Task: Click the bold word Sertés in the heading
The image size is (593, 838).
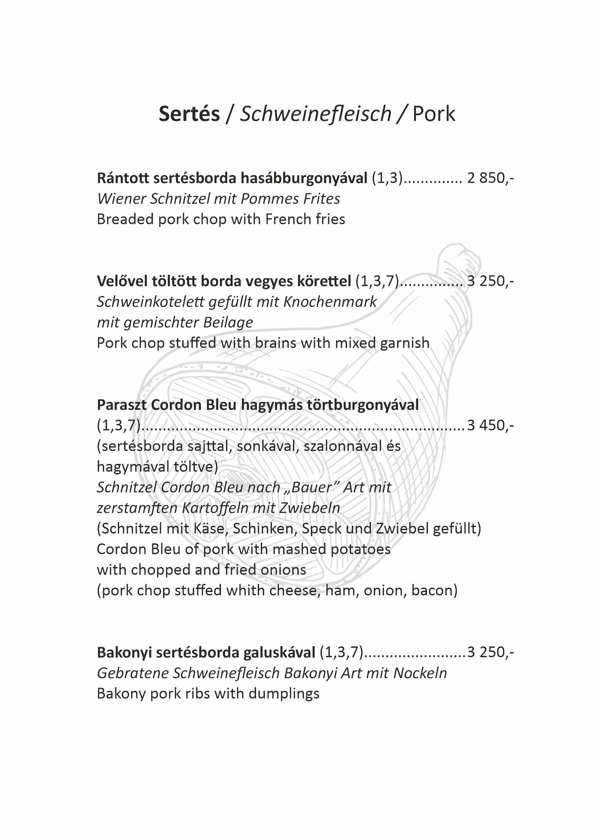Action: click(x=189, y=114)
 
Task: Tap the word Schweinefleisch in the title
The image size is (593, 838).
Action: click(x=316, y=114)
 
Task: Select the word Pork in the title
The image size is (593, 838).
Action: click(x=434, y=114)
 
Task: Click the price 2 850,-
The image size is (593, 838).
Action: click(x=490, y=178)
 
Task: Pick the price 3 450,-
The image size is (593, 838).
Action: click(x=490, y=425)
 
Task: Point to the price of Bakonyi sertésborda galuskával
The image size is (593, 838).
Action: click(x=490, y=652)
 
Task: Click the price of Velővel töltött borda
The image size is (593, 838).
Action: click(x=490, y=281)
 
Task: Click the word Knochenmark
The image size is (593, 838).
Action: click(x=330, y=302)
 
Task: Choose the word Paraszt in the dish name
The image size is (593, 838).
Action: click(x=121, y=405)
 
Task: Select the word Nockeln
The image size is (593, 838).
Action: click(x=420, y=673)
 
